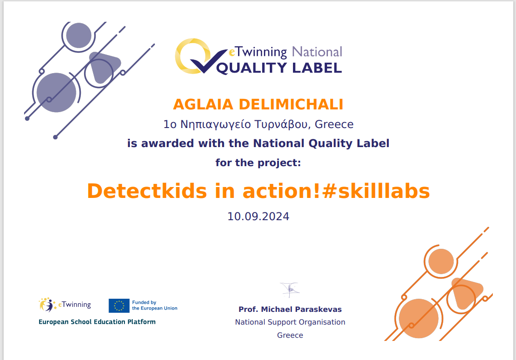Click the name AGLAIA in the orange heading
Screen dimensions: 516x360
click(203, 104)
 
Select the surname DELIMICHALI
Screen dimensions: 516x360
click(291, 104)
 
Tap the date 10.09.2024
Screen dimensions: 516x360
click(258, 217)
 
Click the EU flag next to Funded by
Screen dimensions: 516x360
click(119, 306)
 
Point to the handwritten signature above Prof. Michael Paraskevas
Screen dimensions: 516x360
click(290, 290)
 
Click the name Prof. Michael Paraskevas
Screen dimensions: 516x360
click(290, 309)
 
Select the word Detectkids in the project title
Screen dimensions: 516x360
click(147, 191)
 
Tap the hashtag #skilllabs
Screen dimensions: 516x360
click(376, 191)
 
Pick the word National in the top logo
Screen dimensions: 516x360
click(317, 52)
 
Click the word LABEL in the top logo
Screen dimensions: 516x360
click(317, 68)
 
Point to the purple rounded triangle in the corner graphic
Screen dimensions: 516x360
click(104, 66)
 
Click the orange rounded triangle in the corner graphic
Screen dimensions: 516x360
click(466, 292)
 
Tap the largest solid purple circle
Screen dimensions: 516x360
click(56, 93)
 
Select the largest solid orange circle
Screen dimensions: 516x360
click(419, 318)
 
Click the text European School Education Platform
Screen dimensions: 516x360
click(97, 322)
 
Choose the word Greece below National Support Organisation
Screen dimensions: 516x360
click(290, 335)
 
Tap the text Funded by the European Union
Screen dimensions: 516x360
click(155, 305)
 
